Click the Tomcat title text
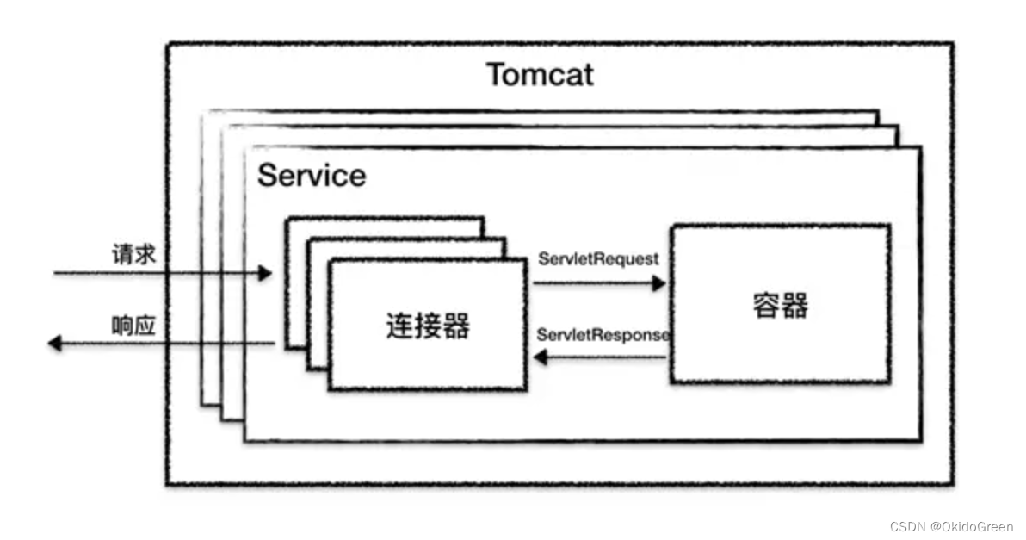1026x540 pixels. point(540,74)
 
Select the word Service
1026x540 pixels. point(312,176)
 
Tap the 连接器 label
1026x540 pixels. point(427,326)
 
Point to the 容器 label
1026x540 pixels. point(780,306)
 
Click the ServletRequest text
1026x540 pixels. point(598,258)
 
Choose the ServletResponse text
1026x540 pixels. point(603,335)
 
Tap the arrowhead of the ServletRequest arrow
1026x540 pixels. point(660,283)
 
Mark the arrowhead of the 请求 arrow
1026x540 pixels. point(265,274)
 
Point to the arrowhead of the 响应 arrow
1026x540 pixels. point(54,344)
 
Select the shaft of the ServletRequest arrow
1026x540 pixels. point(594,283)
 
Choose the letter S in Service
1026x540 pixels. point(267,176)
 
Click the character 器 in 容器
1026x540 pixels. point(794,306)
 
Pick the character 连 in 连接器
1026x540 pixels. point(399,326)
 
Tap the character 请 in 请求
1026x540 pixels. point(122,255)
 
